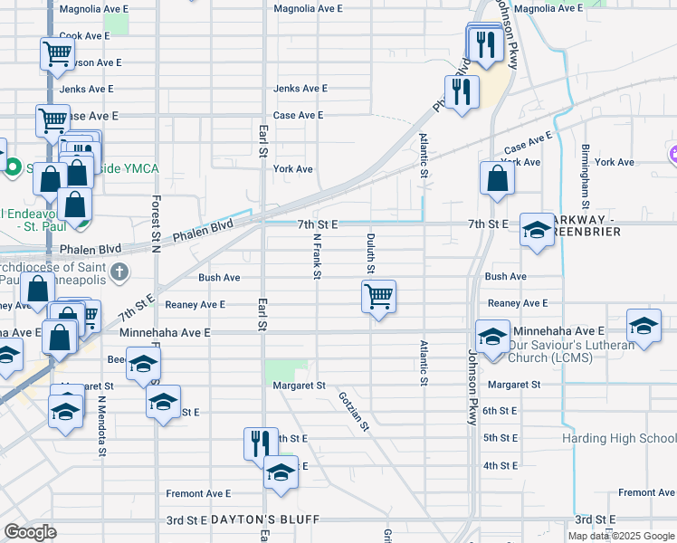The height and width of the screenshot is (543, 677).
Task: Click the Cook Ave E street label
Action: click(84, 35)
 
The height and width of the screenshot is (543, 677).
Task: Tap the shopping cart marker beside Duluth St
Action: click(378, 296)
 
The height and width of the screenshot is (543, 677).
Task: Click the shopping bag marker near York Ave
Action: click(497, 177)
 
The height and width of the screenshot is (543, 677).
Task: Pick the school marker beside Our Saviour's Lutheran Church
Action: click(492, 337)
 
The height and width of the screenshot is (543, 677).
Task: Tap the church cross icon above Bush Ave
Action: click(119, 271)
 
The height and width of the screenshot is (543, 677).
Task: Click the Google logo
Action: click(30, 532)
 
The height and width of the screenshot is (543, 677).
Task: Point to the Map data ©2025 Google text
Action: click(619, 536)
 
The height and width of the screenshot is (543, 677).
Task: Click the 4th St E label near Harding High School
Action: click(500, 465)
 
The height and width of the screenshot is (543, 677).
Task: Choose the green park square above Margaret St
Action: click(286, 369)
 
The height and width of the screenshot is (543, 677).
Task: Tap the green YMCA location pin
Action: click(13, 167)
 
